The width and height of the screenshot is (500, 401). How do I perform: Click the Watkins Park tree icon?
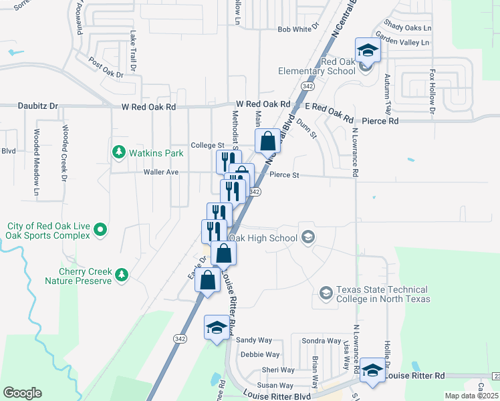(x=119, y=153)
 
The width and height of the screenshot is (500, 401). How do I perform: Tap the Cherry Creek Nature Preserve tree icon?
(x=121, y=275)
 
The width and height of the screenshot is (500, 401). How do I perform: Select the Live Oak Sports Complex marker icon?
(x=100, y=231)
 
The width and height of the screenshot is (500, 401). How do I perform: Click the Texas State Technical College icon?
(x=326, y=293)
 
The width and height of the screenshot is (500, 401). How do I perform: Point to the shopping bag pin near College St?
(x=267, y=141)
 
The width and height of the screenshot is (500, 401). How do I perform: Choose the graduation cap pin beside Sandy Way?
(x=216, y=327)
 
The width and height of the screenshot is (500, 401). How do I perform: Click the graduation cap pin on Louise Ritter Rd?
(x=373, y=370)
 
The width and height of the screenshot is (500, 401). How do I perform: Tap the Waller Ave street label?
(x=161, y=172)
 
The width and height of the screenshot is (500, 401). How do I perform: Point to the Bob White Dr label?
(x=295, y=29)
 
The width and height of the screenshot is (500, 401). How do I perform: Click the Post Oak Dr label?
(x=106, y=67)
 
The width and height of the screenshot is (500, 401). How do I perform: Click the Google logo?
(x=22, y=393)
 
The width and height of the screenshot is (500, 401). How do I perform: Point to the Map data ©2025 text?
(x=472, y=396)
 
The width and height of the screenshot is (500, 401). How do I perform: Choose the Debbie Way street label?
(x=260, y=355)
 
